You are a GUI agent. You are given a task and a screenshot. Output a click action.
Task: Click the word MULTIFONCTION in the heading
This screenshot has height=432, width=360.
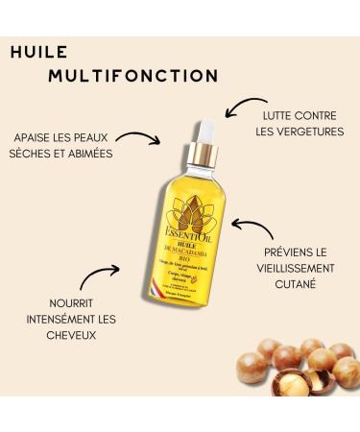(x=133, y=75)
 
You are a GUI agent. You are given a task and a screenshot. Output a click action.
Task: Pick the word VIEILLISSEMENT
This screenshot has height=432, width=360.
(x=300, y=269)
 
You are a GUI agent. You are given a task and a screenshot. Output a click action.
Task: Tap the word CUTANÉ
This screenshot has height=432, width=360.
(x=300, y=286)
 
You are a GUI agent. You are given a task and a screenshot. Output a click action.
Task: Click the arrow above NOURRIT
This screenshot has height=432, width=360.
(x=98, y=275)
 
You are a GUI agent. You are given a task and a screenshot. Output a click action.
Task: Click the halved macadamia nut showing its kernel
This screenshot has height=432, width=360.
(x=319, y=383)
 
